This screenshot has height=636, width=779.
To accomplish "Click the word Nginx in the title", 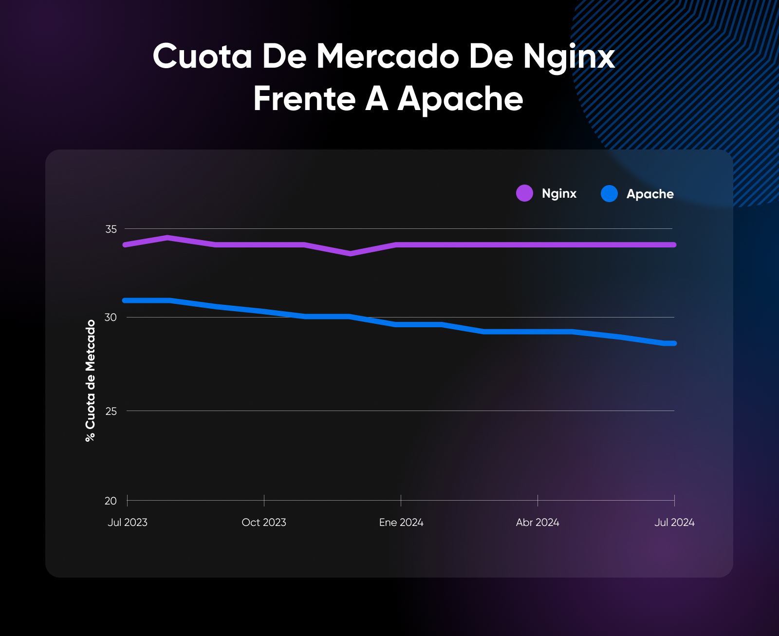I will [569, 57].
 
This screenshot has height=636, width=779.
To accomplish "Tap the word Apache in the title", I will [460, 99].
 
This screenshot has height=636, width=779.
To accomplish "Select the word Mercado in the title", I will [388, 56].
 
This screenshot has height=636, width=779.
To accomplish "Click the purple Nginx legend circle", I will [524, 193].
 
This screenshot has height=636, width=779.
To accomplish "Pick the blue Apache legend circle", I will [609, 194].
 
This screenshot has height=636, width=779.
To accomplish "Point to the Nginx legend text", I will [559, 194].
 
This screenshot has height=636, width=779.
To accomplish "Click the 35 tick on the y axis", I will [111, 229].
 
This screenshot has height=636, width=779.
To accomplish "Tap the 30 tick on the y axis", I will [111, 318].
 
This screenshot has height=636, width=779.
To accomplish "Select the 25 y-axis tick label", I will [111, 411].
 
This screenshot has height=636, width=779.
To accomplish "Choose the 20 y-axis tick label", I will [111, 501].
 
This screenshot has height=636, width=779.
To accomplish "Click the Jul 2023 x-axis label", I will [128, 523].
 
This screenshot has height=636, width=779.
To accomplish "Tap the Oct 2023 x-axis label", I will [264, 523].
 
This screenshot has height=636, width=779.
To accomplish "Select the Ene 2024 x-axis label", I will [401, 523].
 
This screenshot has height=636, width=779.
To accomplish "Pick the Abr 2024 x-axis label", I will [538, 523].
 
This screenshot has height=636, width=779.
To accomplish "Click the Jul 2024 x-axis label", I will [674, 523].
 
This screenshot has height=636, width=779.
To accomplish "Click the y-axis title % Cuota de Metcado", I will [91, 381].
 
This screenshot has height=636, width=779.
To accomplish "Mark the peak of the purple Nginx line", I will [167, 238].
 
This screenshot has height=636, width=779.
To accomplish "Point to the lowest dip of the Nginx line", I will [350, 254].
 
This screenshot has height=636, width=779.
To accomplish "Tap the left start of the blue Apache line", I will [126, 300].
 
